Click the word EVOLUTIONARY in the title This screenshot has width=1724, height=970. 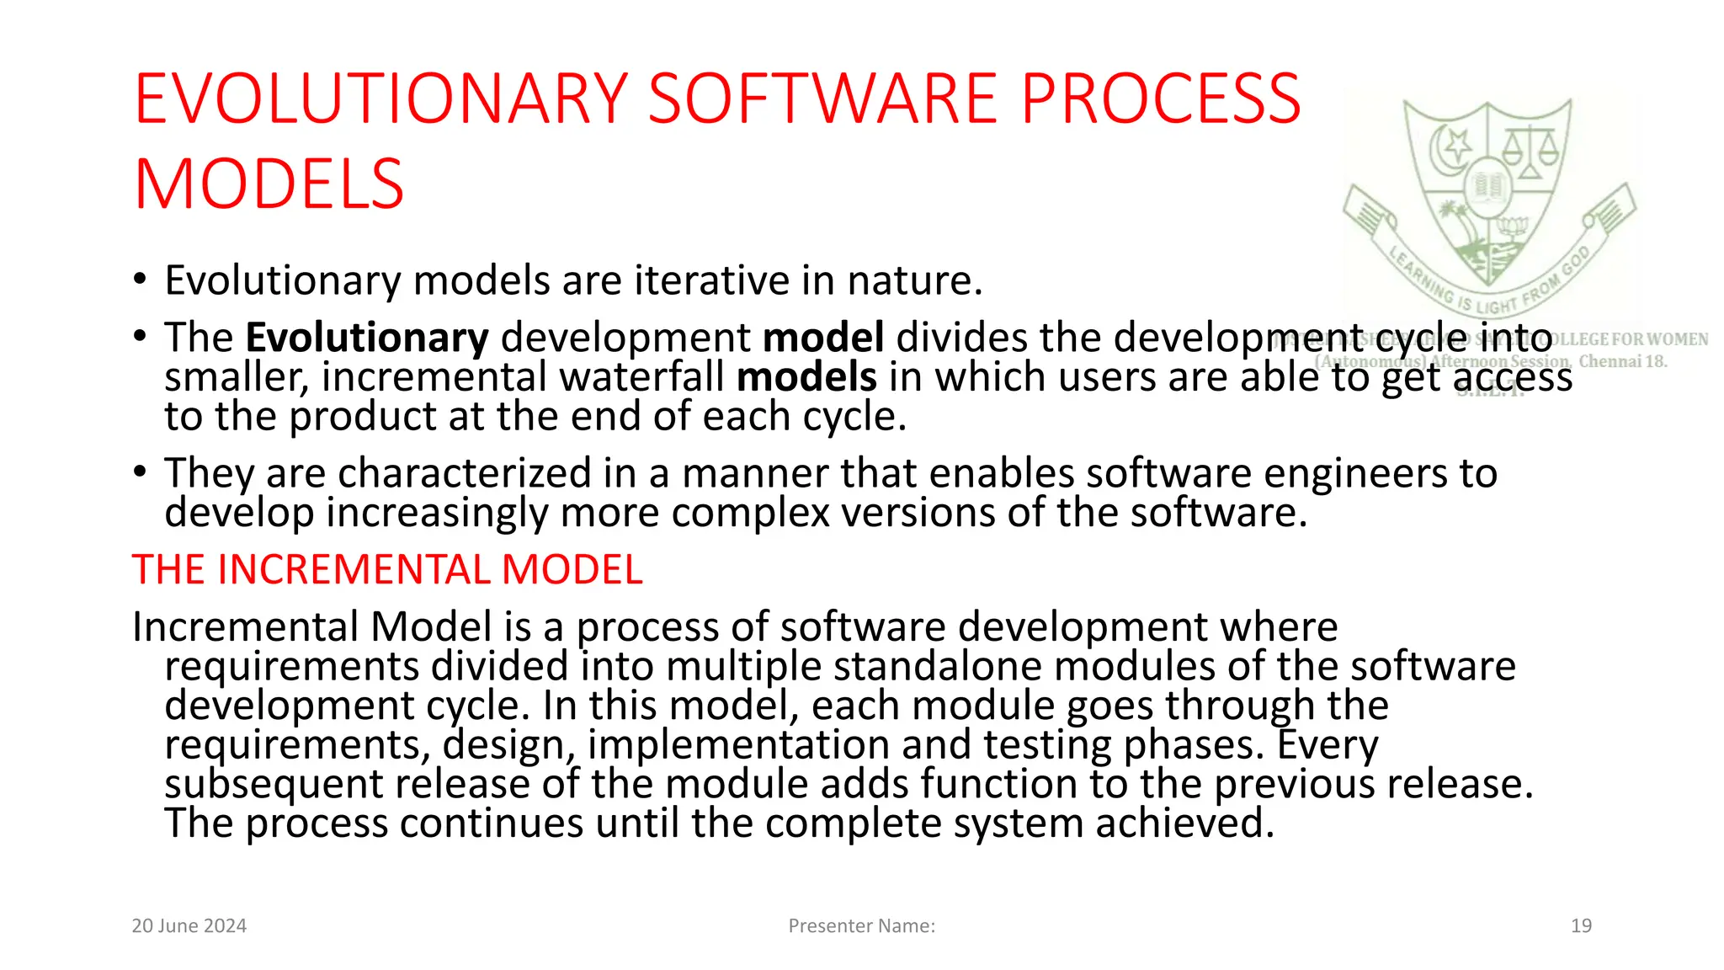pyautogui.click(x=381, y=99)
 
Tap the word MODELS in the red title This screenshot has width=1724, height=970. pyautogui.click(x=269, y=185)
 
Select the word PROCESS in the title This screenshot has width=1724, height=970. pyautogui.click(x=1161, y=99)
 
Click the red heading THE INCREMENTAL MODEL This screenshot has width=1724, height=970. pyautogui.click(x=387, y=570)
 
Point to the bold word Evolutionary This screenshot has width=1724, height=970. pyautogui.click(x=367, y=338)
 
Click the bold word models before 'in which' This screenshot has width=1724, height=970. pyautogui.click(x=806, y=377)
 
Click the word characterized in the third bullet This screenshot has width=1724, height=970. pyautogui.click(x=465, y=473)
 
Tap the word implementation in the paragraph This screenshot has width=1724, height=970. pyautogui.click(x=738, y=745)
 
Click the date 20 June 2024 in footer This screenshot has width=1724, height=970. pyautogui.click(x=189, y=926)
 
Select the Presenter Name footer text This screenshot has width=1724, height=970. pyautogui.click(x=861, y=926)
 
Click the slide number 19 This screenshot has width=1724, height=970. pyautogui.click(x=1581, y=926)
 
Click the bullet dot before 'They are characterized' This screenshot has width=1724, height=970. pyautogui.click(x=140, y=472)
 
